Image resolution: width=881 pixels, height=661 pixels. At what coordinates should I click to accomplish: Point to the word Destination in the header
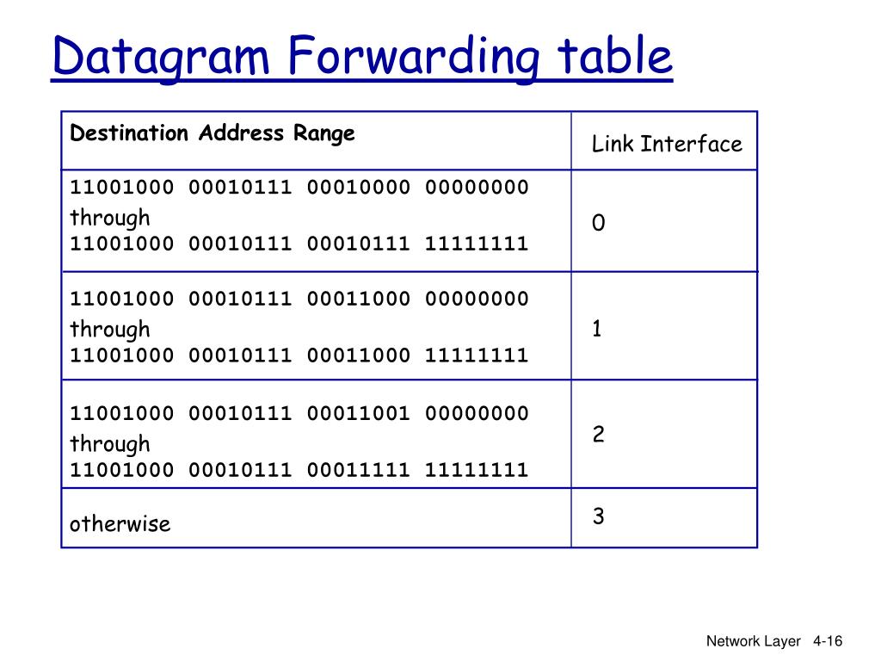coord(129,133)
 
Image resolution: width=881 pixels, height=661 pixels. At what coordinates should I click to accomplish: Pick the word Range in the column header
coord(324,133)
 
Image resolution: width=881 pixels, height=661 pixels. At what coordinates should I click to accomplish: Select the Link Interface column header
coord(666,144)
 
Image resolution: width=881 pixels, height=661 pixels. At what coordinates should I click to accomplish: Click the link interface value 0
coord(598,224)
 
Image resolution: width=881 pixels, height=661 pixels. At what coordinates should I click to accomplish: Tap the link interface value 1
coord(597,329)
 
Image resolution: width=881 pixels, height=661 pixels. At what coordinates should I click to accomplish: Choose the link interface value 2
coord(598,435)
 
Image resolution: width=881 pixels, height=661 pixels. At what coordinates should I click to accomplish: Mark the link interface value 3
coord(598,516)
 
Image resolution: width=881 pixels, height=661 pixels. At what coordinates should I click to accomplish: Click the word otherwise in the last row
coord(120,523)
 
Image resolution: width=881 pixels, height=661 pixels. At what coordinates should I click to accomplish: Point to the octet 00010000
coord(358,188)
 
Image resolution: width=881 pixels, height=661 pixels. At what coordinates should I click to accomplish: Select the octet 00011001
coord(358,413)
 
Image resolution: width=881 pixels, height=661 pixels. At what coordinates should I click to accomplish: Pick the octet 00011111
coord(358,470)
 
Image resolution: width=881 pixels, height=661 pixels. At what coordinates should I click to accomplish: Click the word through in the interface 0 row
coord(110,217)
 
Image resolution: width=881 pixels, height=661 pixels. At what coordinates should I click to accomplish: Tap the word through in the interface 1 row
coord(110,329)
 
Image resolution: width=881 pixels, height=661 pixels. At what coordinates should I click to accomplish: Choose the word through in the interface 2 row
coord(110,443)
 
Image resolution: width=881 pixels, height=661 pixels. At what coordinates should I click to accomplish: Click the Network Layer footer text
coord(753,641)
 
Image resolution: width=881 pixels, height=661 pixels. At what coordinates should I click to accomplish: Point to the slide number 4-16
coord(827,641)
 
